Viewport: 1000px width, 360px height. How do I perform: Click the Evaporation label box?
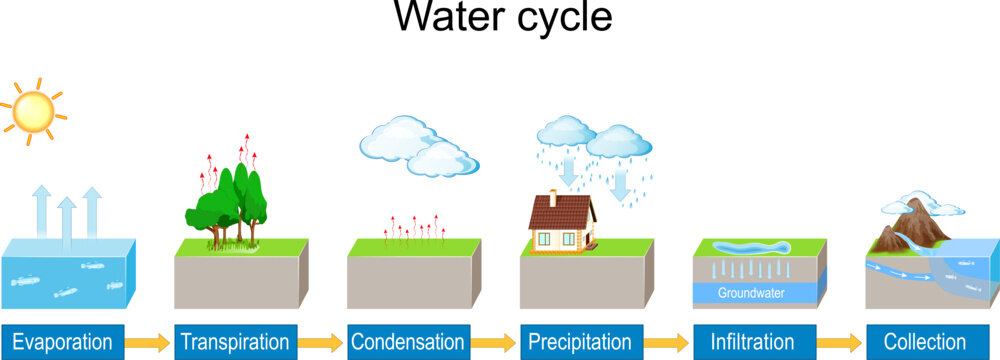point(64,341)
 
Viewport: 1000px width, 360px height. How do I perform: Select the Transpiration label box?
point(237,341)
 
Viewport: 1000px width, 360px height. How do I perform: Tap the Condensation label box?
point(409,341)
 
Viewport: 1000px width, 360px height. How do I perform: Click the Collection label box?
point(925,341)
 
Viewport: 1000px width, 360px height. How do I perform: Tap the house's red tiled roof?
point(560,211)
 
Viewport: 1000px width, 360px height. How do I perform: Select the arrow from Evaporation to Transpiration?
point(150,342)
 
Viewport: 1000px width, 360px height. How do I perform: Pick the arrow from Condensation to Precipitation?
point(495,342)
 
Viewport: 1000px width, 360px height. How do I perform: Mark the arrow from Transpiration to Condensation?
point(323,342)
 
